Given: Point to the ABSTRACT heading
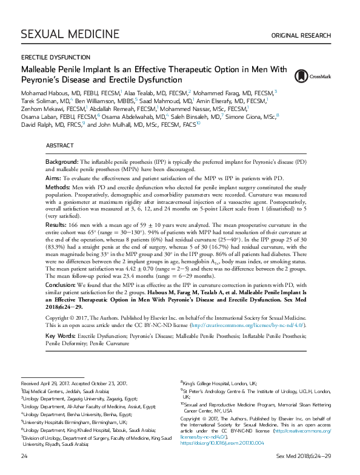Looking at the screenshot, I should point(60,147).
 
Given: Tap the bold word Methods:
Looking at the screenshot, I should point(59,189).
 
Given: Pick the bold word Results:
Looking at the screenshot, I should point(58,225).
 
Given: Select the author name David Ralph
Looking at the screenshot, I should point(38,124).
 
